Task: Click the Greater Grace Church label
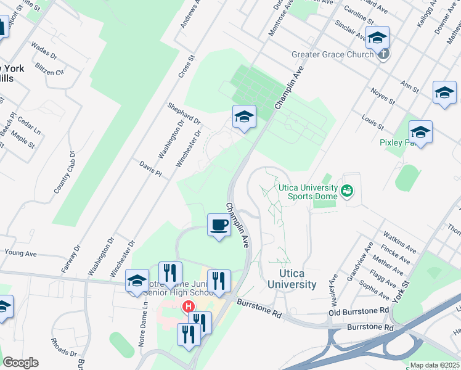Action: pyautogui.click(x=332, y=54)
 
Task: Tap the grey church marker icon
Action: pyautogui.click(x=383, y=54)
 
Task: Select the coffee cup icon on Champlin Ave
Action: pyautogui.click(x=219, y=226)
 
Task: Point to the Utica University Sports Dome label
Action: pyautogui.click(x=308, y=192)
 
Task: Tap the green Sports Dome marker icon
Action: pyautogui.click(x=348, y=191)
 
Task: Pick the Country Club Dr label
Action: pyautogui.click(x=64, y=173)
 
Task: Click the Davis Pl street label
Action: pyautogui.click(x=150, y=170)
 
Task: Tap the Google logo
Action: pyautogui.click(x=20, y=363)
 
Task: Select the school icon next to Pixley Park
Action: pyautogui.click(x=420, y=132)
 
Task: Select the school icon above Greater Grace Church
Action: pyautogui.click(x=377, y=38)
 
